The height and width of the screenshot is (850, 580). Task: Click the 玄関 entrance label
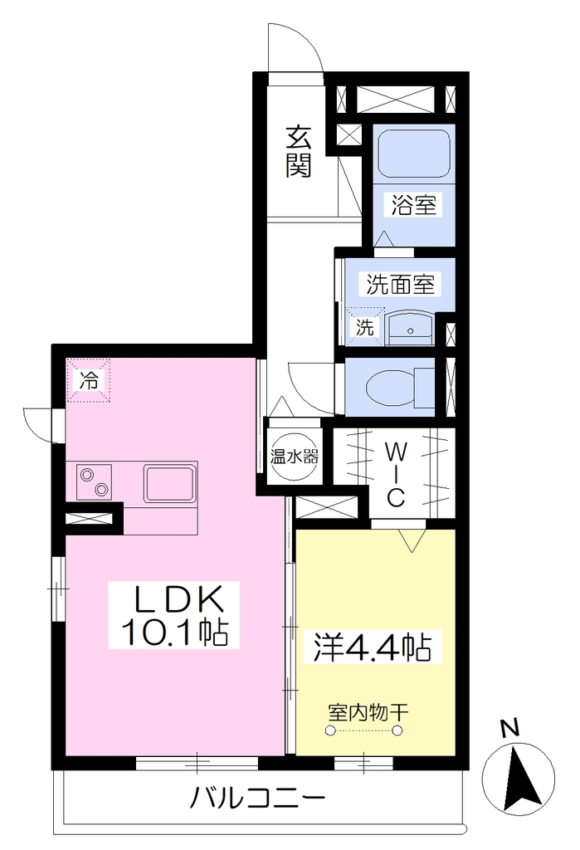pos(299,152)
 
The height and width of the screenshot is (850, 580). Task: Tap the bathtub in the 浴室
pos(414,153)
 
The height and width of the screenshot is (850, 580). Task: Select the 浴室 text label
pos(413,205)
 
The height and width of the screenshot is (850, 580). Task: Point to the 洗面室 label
pos(400,284)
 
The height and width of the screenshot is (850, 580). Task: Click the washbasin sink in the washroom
pos(411,327)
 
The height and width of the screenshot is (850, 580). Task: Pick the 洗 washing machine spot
pos(365,327)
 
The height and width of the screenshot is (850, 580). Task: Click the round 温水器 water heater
pos(295,457)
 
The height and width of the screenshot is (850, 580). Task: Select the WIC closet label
pos(396,474)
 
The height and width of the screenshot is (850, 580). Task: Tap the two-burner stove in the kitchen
pos(94,482)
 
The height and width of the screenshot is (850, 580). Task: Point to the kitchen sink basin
pos(169,482)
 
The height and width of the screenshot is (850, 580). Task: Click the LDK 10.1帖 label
pos(174,614)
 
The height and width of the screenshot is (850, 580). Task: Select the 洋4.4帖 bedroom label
pos(373,646)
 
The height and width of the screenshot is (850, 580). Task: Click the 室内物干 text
pos(368,712)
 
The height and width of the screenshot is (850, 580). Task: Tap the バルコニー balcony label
pos(257,798)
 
